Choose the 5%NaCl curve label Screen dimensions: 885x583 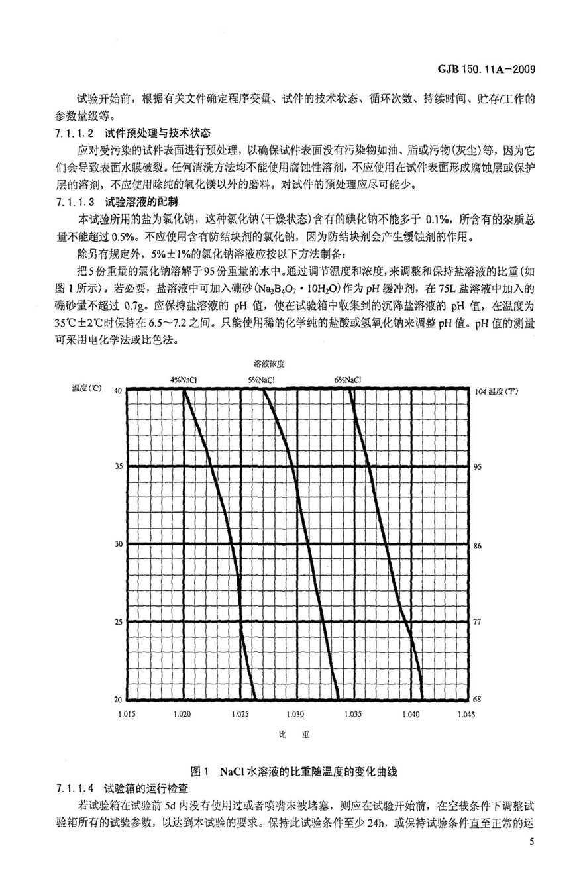(x=262, y=380)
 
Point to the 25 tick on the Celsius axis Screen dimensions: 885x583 (x=117, y=622)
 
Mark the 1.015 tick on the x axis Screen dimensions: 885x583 (x=126, y=715)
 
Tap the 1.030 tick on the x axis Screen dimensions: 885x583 (x=297, y=715)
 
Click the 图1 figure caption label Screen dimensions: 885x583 (x=199, y=772)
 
